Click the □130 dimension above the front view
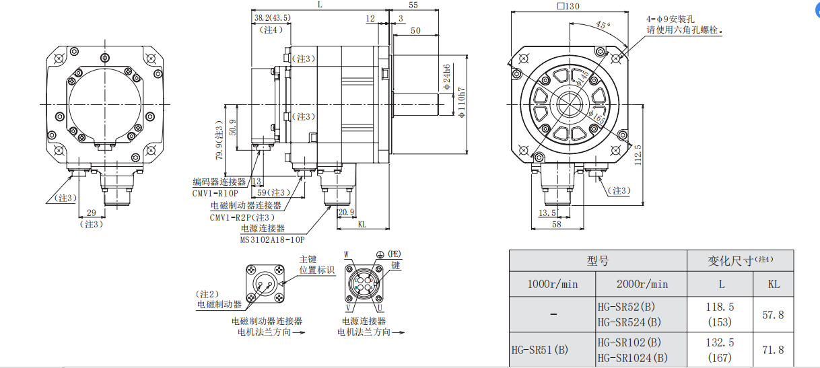(569, 7)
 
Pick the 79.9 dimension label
(219, 143)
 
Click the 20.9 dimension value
(346, 213)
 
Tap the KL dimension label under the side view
(362, 225)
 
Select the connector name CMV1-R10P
(215, 193)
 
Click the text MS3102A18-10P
(273, 239)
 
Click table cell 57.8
(774, 314)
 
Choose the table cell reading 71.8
(774, 350)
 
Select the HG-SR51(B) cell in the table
(539, 350)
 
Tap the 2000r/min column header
(642, 284)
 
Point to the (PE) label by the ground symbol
(393, 254)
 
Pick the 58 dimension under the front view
(556, 225)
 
